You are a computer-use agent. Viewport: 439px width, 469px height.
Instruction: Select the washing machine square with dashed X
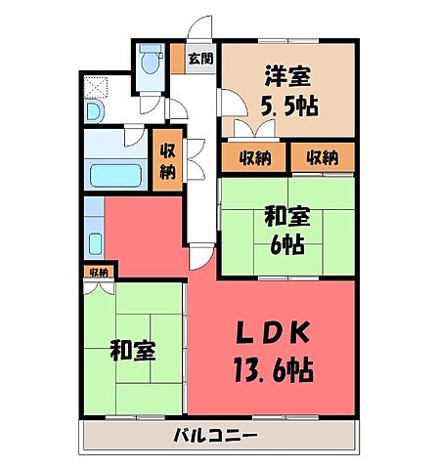pyautogui.click(x=98, y=88)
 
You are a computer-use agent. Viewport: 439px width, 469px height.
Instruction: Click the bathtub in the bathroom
pyautogui.click(x=115, y=177)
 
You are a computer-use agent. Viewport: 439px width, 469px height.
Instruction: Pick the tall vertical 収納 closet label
pyautogui.click(x=168, y=158)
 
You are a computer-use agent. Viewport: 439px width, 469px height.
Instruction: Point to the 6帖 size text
pyautogui.click(x=285, y=244)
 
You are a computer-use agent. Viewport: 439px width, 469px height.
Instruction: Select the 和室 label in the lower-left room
pyautogui.click(x=131, y=350)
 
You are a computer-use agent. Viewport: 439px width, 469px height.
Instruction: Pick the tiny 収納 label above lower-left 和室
pyautogui.click(x=98, y=272)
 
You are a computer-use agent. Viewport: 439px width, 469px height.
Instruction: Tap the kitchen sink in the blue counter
pyautogui.click(x=94, y=242)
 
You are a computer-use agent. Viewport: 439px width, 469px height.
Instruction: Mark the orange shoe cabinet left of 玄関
pyautogui.click(x=177, y=60)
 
